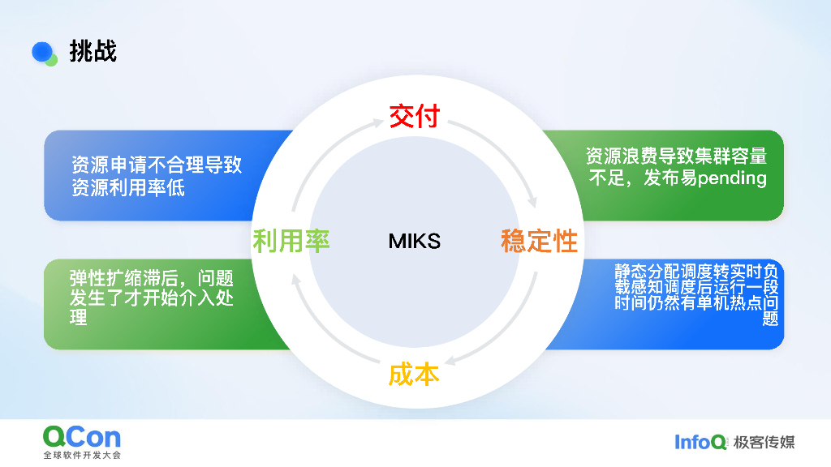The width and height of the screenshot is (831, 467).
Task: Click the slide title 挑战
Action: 93,51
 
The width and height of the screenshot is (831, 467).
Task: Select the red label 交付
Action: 414,116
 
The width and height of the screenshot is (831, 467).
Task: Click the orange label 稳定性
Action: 539,241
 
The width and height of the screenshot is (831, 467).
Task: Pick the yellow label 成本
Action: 414,374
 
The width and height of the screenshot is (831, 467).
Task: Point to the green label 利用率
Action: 291,241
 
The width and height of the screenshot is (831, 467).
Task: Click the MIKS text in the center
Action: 414,241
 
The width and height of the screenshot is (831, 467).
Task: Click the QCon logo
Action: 82,438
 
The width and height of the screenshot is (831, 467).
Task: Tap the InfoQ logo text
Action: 700,442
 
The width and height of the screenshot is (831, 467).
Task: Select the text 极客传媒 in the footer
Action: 764,442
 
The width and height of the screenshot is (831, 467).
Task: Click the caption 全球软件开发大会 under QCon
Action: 82,456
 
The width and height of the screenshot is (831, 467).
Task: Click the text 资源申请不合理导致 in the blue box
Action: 156,165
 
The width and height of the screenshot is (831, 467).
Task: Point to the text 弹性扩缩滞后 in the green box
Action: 122,279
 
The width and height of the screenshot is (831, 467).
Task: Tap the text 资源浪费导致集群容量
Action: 676,156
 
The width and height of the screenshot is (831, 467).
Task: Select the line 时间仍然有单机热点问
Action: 696,302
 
